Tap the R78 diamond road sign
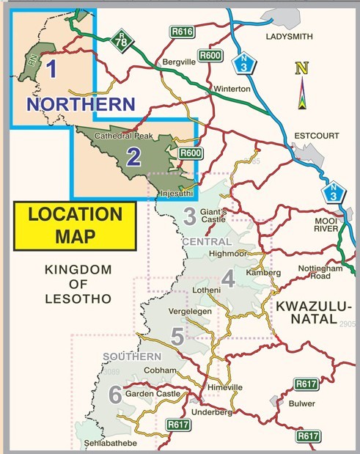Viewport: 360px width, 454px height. pyautogui.click(x=121, y=43)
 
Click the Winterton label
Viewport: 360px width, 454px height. pyautogui.click(x=232, y=89)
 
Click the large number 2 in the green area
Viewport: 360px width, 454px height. pyautogui.click(x=133, y=155)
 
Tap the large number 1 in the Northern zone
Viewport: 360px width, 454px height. pyautogui.click(x=51, y=70)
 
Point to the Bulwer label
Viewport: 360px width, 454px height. pyautogui.click(x=301, y=403)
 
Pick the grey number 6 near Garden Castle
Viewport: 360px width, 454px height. pyautogui.click(x=114, y=395)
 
